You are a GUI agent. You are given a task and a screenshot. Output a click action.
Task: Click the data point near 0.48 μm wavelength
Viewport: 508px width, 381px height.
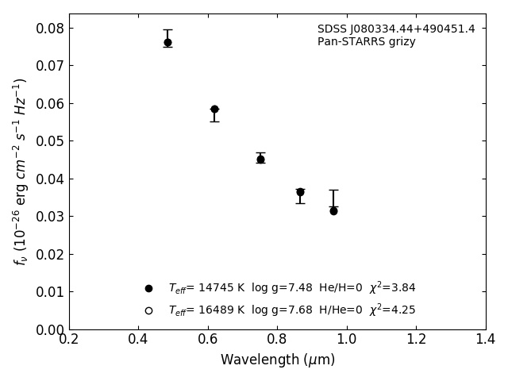click(x=167, y=42)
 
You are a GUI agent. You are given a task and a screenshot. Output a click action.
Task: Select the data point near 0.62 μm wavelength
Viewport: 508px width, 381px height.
click(x=214, y=109)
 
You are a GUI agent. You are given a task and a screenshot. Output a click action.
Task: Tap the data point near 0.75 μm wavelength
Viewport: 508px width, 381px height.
click(x=260, y=159)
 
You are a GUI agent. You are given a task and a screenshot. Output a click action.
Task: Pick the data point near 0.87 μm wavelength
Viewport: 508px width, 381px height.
click(x=300, y=192)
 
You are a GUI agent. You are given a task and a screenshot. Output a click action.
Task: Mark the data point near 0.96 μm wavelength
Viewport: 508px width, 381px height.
click(x=333, y=210)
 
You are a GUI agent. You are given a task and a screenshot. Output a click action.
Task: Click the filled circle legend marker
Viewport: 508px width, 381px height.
click(x=148, y=288)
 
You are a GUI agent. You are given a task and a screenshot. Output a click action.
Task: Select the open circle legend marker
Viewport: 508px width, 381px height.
click(x=148, y=310)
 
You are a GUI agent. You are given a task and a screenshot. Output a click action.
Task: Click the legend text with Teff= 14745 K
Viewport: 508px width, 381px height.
click(x=291, y=288)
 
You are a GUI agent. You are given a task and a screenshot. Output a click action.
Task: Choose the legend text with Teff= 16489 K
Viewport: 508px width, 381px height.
click(x=291, y=310)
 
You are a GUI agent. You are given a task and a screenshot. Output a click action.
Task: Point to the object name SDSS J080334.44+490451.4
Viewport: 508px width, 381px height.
click(x=396, y=29)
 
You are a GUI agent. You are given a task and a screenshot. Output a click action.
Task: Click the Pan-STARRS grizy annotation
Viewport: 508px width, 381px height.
click(x=366, y=42)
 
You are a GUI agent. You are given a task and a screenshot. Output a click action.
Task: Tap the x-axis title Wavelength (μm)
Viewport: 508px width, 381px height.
click(x=277, y=360)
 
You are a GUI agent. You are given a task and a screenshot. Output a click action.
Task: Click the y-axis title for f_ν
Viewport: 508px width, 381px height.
click(x=21, y=171)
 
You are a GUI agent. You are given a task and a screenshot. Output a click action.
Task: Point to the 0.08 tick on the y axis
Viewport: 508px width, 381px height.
click(x=45, y=29)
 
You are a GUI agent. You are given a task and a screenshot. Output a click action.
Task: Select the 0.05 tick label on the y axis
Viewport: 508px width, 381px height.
click(x=45, y=141)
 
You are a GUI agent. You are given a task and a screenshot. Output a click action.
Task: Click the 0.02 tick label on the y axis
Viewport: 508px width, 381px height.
click(x=45, y=255)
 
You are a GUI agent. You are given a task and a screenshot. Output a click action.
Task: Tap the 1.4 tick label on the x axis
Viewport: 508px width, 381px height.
click(x=485, y=340)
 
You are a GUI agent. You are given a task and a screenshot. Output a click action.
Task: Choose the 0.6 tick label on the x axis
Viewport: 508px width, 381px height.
click(x=208, y=340)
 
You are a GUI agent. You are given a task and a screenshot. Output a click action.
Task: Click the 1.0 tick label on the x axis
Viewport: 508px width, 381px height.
click(x=347, y=340)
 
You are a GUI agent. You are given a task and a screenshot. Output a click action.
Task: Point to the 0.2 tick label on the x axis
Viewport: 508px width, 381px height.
click(x=69, y=340)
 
